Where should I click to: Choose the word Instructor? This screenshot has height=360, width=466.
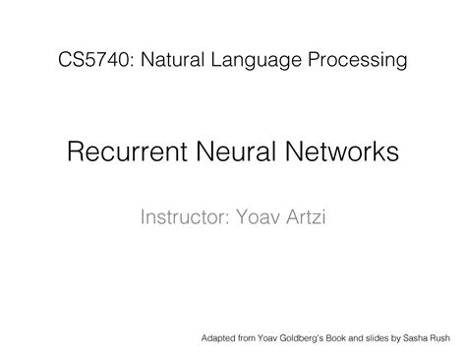pos(183,214)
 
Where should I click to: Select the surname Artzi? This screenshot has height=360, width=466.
pos(307,214)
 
